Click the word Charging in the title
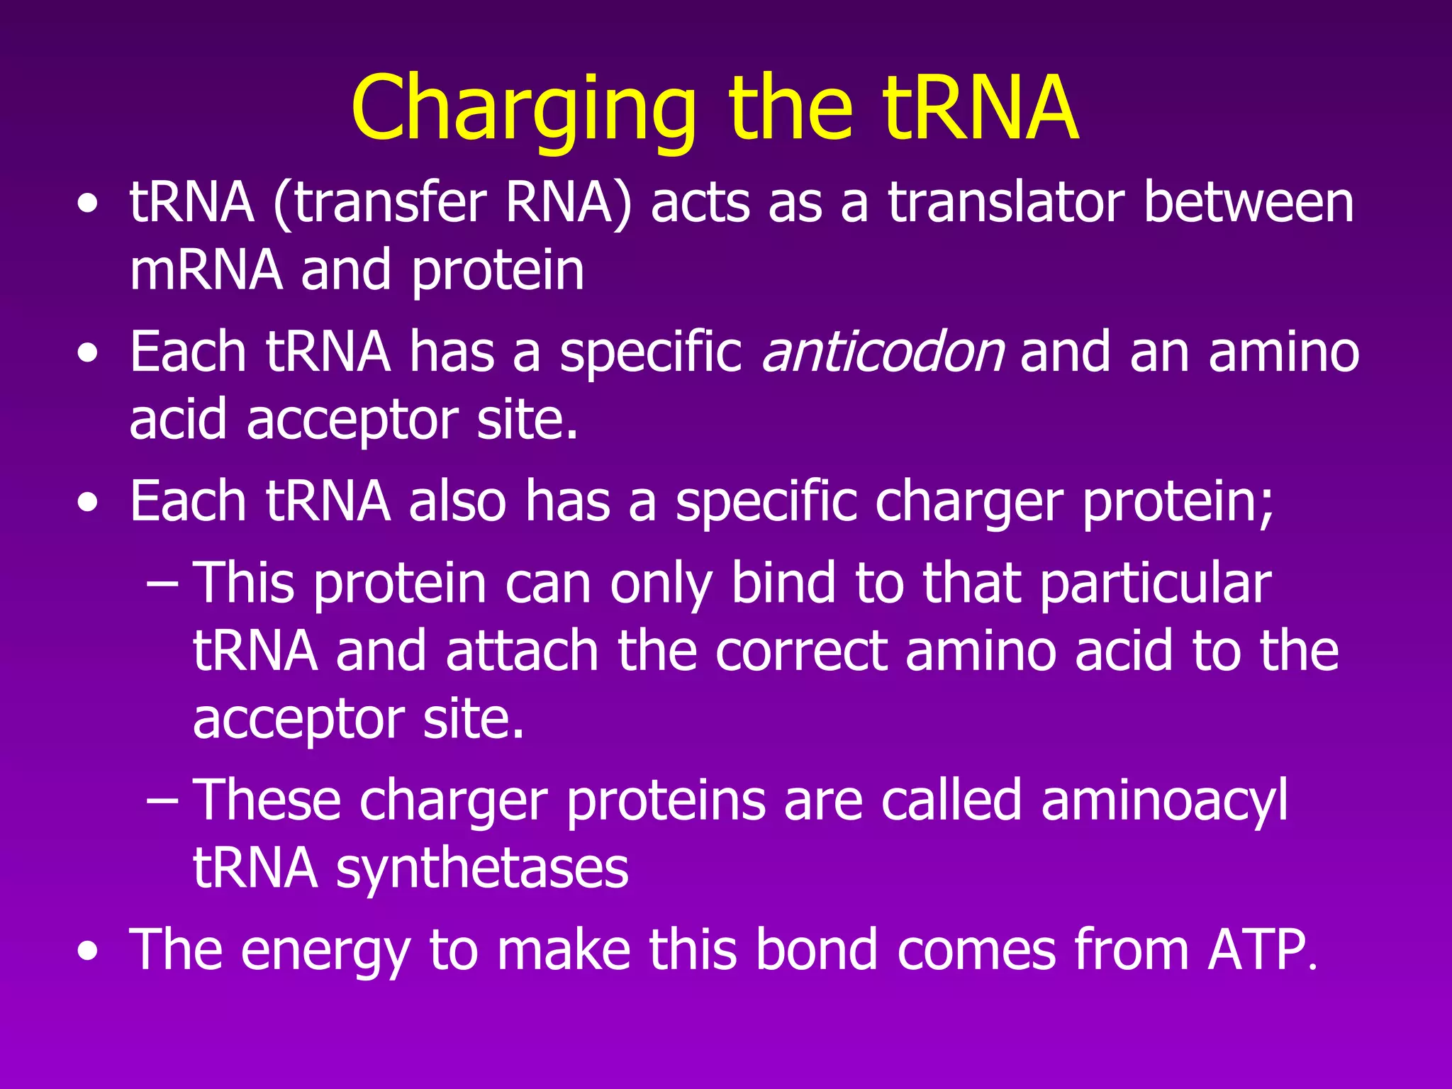coord(523,110)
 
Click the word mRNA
coord(206,270)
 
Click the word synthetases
coord(482,869)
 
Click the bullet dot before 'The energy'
coord(88,951)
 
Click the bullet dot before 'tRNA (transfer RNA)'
coord(88,205)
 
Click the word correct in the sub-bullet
coord(801,651)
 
